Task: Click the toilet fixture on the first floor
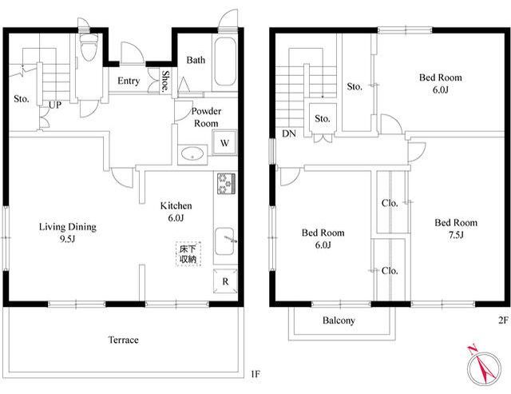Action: point(89,46)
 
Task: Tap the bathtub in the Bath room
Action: point(224,61)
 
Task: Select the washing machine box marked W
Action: point(224,142)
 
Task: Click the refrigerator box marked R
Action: point(225,281)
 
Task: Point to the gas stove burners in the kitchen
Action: point(227,184)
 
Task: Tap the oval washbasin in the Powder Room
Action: point(192,153)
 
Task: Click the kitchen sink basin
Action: point(224,241)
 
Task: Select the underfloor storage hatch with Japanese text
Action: point(188,254)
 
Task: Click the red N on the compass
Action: point(473,350)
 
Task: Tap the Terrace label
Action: point(123,340)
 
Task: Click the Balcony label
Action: point(339,320)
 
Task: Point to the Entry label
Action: point(129,81)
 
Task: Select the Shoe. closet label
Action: point(166,81)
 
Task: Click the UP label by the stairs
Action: point(55,105)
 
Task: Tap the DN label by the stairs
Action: point(289,133)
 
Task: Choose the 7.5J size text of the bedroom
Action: point(456,235)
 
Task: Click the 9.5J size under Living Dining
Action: point(67,239)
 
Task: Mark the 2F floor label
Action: point(503,320)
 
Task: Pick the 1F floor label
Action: point(255,374)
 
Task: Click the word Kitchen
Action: point(176,205)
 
